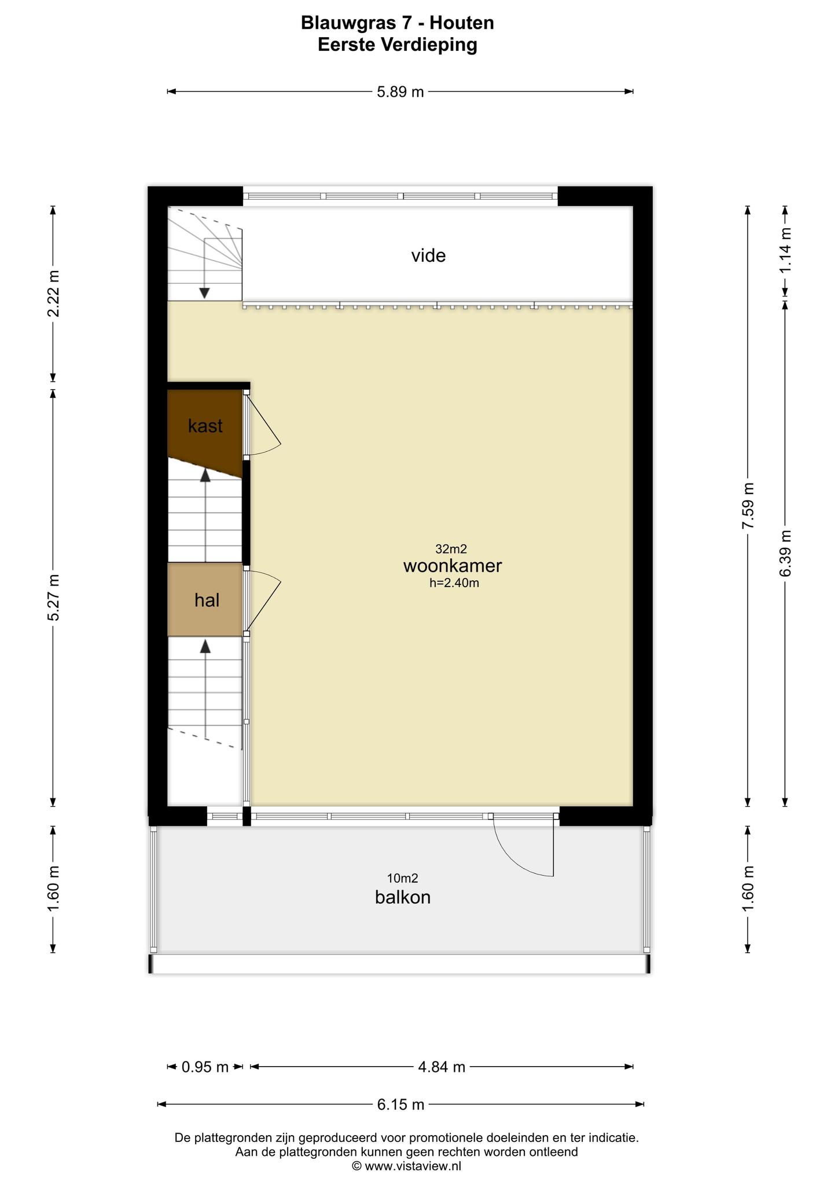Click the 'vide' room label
coord(428,255)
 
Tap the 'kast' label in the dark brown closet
coord(205,426)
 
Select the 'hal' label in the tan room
coord(207,600)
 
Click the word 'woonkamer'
coord(453,566)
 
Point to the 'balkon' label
coord(403,897)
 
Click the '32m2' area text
coord(451,549)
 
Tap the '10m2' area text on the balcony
coord(403,879)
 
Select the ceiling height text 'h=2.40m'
coord(454,583)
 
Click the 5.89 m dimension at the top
coord(400,91)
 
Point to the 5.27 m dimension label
coord(53,598)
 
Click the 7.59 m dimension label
coord(748,505)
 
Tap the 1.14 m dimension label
coord(785,250)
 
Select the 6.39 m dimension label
coord(785,554)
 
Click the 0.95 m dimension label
coord(205,1067)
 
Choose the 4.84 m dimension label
coord(442,1067)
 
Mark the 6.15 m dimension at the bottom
coord(400,1104)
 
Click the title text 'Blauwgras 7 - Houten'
coord(398,23)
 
